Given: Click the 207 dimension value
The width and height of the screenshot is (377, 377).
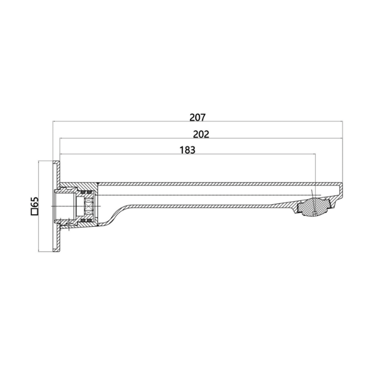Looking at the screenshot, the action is (198, 117).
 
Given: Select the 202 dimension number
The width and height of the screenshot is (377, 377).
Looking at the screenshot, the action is (201, 134).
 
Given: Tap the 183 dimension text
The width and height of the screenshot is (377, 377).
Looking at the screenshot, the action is (187, 150).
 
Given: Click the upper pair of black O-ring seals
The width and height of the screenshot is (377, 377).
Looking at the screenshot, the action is (87, 193).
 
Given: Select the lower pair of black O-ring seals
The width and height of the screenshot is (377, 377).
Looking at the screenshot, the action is (87, 221).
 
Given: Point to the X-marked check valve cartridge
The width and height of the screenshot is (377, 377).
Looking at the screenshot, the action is (88, 206).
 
